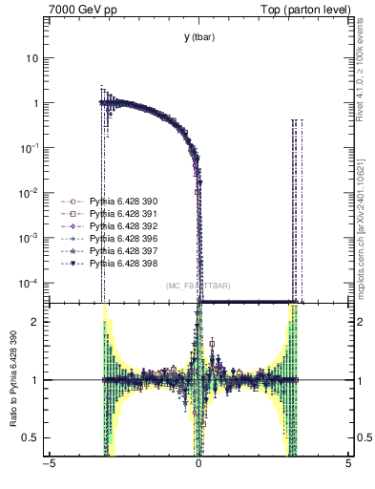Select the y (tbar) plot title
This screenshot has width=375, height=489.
coord(198,37)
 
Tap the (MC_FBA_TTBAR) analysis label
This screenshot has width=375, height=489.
coord(198,287)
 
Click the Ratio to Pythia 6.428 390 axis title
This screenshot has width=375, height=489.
coord(12,379)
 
